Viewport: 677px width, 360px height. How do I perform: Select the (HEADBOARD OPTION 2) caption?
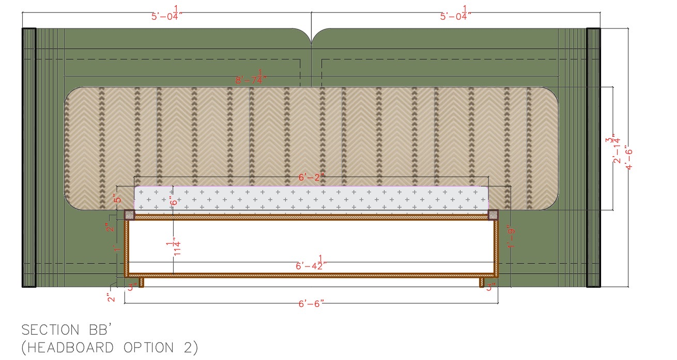pyautogui.click(x=110, y=348)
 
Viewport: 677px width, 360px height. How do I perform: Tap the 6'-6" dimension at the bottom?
pyautogui.click(x=311, y=303)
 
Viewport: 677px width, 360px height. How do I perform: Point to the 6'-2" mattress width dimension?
pyautogui.click(x=311, y=177)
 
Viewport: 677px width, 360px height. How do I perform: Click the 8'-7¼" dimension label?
pyautogui.click(x=253, y=79)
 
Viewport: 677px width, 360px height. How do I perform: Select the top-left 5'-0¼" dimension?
pyautogui.click(x=167, y=14)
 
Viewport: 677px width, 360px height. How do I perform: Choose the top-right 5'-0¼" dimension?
pyautogui.click(x=456, y=14)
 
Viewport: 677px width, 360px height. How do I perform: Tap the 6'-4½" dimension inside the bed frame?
pyautogui.click(x=311, y=264)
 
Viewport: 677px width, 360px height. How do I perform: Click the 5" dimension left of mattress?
pyautogui.click(x=118, y=199)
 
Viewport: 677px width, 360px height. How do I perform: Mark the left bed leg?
pyautogui.click(x=141, y=282)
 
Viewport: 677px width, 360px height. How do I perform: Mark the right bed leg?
pyautogui.click(x=481, y=282)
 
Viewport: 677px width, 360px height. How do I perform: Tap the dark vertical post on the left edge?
pyautogui.click(x=28, y=157)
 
